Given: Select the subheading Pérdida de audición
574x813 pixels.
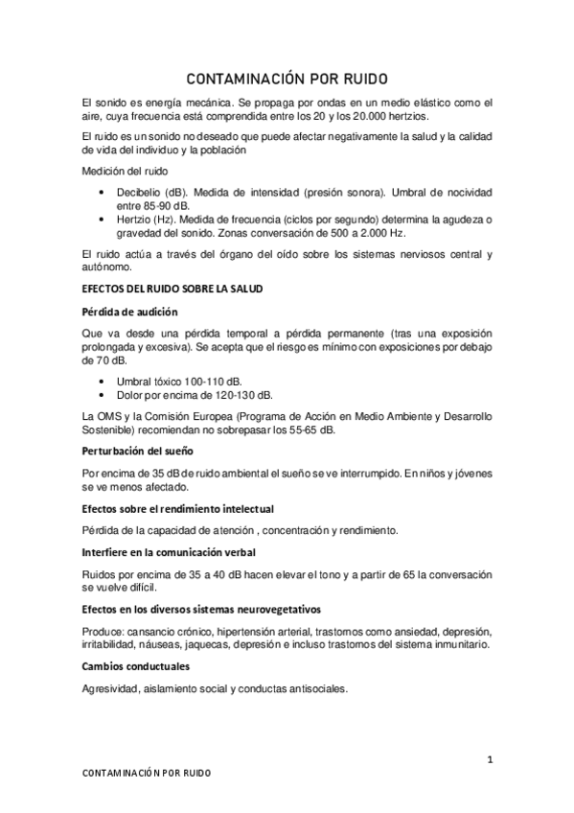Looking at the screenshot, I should click(x=129, y=312).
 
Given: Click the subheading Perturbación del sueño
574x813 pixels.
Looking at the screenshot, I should click(x=138, y=450).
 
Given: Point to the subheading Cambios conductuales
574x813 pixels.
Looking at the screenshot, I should click(x=136, y=665).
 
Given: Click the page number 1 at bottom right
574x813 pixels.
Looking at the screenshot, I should click(x=489, y=760).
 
